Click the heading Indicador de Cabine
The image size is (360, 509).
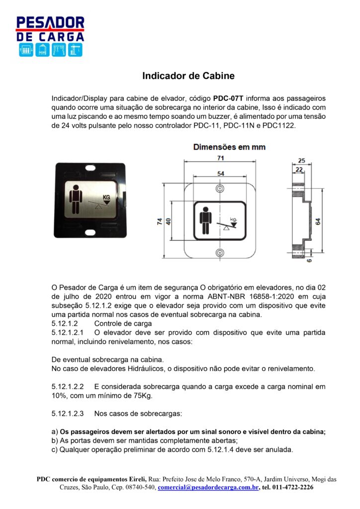(188, 76)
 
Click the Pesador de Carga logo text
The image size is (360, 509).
(50, 29)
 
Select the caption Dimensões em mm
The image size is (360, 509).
(229, 147)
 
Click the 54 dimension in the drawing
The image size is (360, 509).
(219, 173)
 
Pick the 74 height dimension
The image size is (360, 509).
(160, 222)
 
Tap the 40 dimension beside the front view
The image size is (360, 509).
(169, 222)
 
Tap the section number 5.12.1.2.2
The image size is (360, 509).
(68, 386)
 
